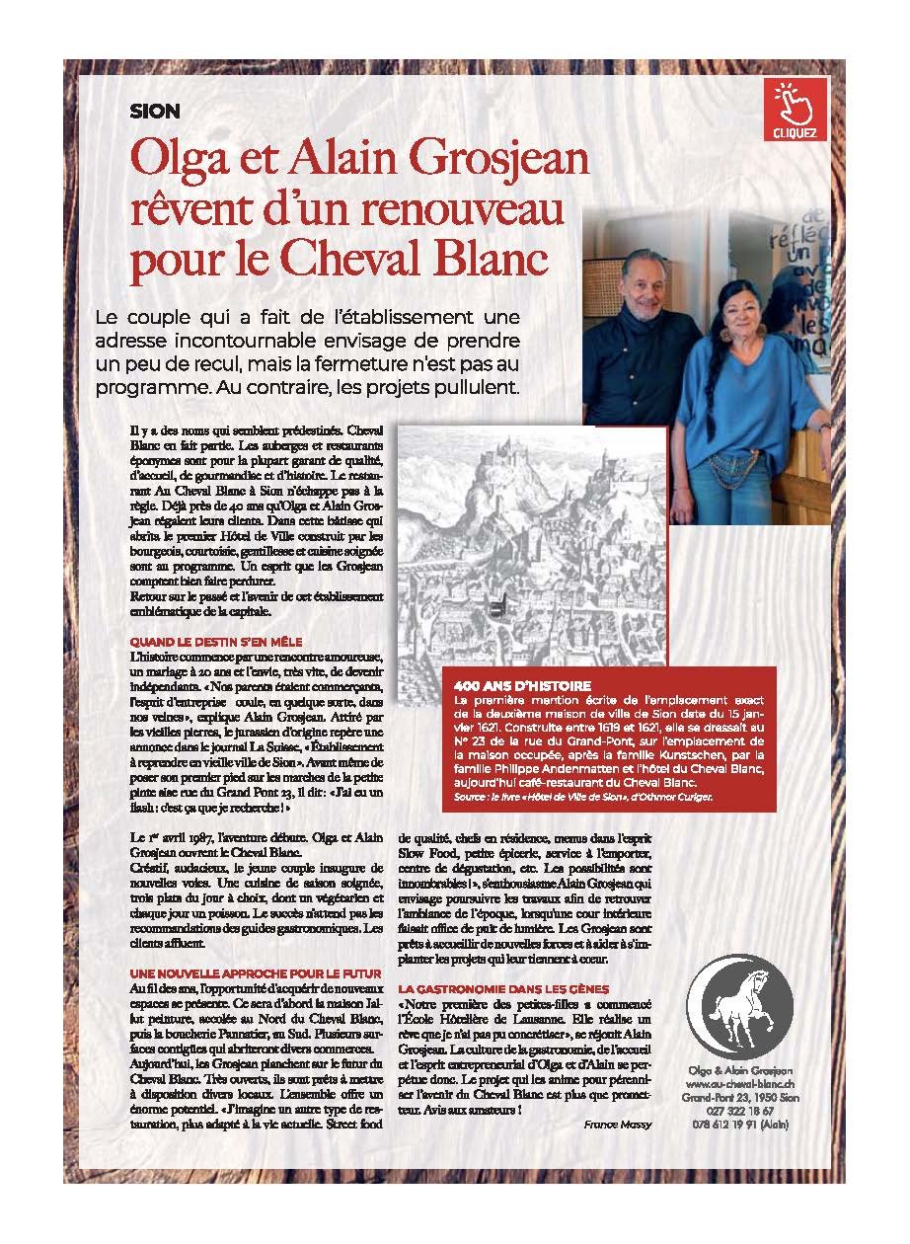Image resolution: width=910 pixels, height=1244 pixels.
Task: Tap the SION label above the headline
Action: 155,113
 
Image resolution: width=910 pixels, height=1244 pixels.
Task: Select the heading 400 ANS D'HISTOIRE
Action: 522,685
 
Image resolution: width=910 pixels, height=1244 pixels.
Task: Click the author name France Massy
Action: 618,1125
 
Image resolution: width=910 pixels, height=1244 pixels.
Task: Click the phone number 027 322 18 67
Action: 740,1111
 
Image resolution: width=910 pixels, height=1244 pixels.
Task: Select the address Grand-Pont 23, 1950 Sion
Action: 740,1098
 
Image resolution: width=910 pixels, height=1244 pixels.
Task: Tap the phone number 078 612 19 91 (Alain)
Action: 740,1124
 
